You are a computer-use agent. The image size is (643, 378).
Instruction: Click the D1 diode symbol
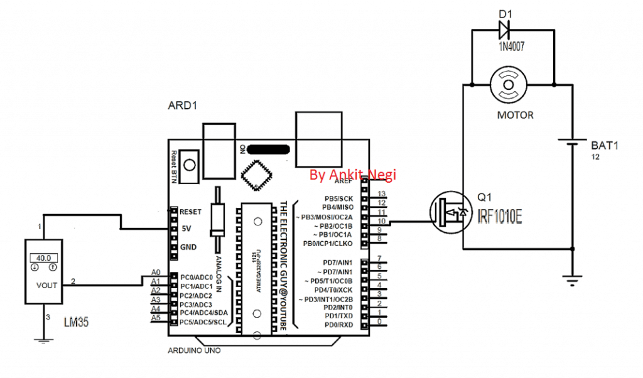click(504, 28)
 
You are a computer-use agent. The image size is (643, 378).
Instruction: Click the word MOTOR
click(515, 115)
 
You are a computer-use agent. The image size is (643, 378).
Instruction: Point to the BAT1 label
click(605, 145)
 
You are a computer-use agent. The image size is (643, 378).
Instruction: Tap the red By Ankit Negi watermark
click(353, 175)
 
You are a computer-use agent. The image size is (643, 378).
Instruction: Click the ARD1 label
click(183, 106)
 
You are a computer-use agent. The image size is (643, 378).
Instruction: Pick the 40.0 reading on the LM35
click(43, 257)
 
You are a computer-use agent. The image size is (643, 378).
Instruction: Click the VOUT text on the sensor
click(46, 285)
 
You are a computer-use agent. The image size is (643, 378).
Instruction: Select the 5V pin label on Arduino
click(186, 229)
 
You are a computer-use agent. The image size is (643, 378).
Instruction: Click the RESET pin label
click(190, 212)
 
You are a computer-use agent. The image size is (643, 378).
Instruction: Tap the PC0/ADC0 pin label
click(197, 277)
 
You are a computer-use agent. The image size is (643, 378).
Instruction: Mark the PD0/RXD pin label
click(339, 325)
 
